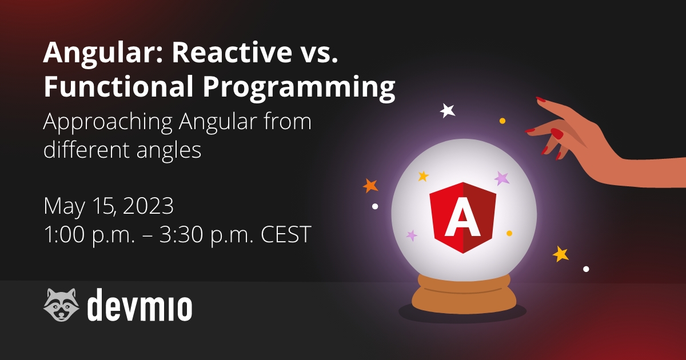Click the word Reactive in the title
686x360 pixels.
coord(232,53)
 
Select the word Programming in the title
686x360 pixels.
coord(299,88)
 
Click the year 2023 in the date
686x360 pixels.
coord(148,206)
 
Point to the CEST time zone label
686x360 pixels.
coord(286,234)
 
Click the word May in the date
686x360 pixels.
coord(64,207)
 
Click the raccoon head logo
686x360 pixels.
coord(61,304)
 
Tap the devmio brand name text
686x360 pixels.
coord(139,305)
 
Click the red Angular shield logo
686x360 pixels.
coord(462,218)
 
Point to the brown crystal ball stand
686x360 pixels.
coord(464,294)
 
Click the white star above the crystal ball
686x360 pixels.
coord(448,110)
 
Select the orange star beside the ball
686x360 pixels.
coord(370,186)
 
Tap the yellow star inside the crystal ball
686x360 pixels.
coord(423,176)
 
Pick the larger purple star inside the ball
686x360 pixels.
coord(502,178)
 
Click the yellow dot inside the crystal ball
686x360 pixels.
coord(509,233)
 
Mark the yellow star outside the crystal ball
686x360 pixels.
coord(560,254)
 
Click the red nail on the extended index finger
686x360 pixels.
coord(541,99)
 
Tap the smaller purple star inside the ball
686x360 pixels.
coord(412,235)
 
